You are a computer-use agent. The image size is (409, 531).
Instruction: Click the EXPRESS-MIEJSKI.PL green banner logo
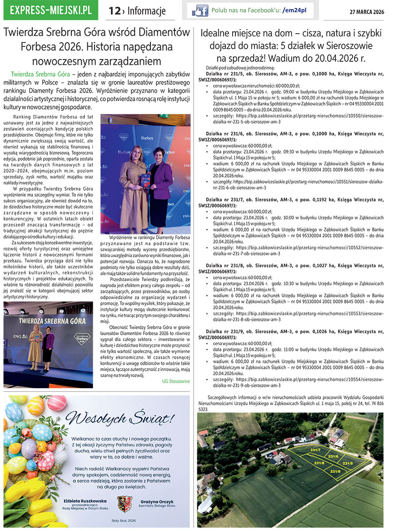click(50, 10)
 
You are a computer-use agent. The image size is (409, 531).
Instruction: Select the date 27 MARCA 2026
click(366, 12)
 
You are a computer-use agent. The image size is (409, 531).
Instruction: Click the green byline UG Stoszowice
click(176, 381)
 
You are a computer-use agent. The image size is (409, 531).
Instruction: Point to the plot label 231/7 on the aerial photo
click(315, 450)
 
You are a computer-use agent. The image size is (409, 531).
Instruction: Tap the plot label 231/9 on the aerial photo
click(335, 471)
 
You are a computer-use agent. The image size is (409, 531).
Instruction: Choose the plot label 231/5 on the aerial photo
click(348, 463)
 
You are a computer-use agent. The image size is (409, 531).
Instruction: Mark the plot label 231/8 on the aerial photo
click(319, 462)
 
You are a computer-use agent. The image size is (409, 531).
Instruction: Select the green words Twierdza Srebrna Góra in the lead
click(40, 73)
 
